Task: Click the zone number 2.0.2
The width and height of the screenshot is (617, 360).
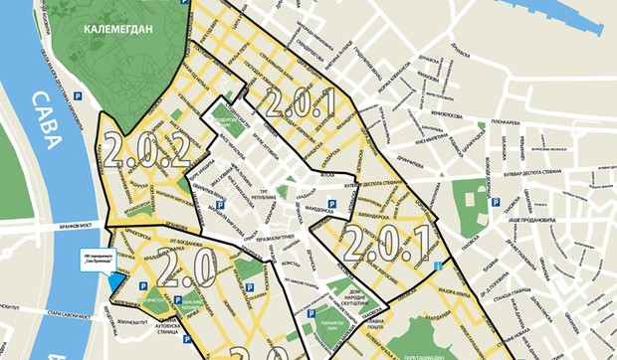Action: click(x=145, y=151)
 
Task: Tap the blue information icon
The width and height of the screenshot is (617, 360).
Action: click(x=438, y=265)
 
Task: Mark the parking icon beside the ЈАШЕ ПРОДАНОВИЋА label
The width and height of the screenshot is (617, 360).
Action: click(x=495, y=204)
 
